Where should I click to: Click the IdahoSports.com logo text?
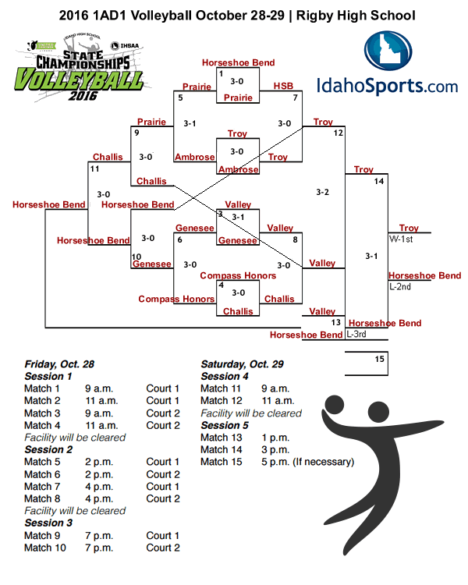click(388, 84)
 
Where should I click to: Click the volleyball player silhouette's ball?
click(334, 405)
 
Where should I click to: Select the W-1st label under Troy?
click(400, 239)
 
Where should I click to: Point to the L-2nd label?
click(400, 286)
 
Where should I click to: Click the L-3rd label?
click(356, 335)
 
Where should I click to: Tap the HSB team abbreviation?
click(282, 86)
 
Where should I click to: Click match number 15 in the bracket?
click(379, 359)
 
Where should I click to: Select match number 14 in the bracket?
click(379, 181)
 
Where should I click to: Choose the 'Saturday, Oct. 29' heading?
click(242, 364)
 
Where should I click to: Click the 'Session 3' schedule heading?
click(48, 523)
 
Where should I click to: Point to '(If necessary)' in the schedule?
click(323, 462)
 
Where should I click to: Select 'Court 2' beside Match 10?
click(163, 548)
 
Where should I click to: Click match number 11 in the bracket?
click(94, 168)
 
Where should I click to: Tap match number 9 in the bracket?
click(136, 133)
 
